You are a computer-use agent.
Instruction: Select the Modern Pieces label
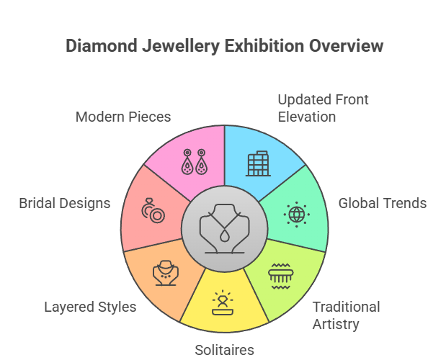pos(123,117)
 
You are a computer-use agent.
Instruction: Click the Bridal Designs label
pos(65,203)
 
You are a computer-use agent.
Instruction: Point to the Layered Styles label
pos(90,307)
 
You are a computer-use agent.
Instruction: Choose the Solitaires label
pos(224,351)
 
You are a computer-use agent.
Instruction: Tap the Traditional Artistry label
pos(346,315)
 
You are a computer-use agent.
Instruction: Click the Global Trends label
pos(382,203)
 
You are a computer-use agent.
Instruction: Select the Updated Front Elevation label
pos(323,107)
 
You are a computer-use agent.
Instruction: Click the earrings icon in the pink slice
pos(193,163)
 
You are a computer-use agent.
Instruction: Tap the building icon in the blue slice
pos(257,163)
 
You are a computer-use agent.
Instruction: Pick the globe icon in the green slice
pos(296,214)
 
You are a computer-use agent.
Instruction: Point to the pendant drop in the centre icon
pos(224,237)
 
